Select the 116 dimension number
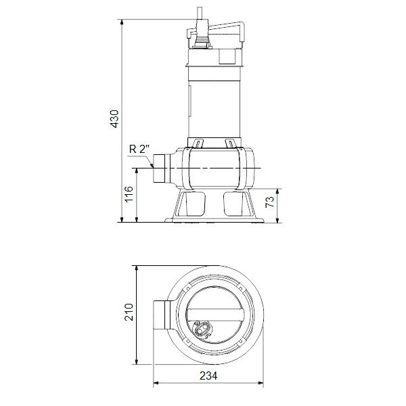click(x=129, y=197)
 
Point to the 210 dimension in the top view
click(x=129, y=313)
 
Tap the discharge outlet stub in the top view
click(x=163, y=315)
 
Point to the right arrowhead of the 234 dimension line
click(x=261, y=384)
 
